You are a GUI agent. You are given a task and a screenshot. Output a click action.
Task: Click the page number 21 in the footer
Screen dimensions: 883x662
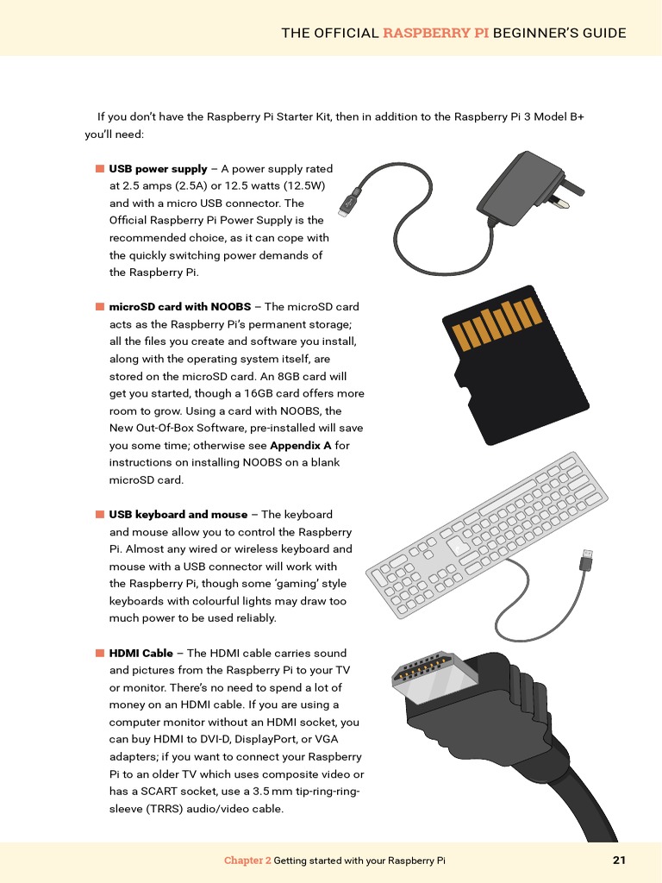point(619,860)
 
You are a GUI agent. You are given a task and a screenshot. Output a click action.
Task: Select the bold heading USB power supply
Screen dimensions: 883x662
point(158,169)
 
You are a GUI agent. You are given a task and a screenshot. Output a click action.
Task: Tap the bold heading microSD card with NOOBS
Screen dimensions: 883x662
point(179,307)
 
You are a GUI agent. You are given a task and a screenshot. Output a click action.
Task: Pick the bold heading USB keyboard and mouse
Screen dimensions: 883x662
point(178,515)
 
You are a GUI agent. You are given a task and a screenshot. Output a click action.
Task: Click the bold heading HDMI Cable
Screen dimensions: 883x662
point(141,654)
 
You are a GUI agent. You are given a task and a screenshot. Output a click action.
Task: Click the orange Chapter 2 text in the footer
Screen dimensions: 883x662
point(247,861)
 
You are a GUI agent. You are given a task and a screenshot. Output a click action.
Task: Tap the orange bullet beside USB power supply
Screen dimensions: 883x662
point(100,169)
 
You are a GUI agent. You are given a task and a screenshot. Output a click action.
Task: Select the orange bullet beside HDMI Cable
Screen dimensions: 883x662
point(100,654)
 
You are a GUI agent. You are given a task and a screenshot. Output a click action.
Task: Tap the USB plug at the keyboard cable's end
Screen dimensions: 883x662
point(586,560)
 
